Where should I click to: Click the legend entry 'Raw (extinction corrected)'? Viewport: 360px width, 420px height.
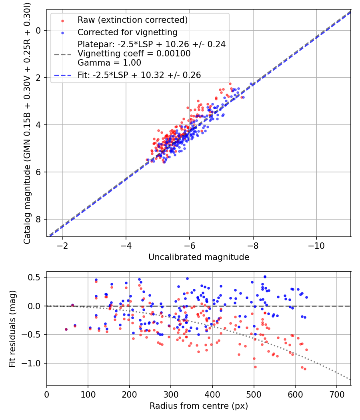coord(132,20)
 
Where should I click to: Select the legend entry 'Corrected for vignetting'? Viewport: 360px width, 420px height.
coord(128,32)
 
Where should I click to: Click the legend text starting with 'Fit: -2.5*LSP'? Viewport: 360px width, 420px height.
coord(139,75)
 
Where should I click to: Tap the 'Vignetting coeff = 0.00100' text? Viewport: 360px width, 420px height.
coord(134,53)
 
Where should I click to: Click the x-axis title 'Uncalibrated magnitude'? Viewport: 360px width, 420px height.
coord(199,257)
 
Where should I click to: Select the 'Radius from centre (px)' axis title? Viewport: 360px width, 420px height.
coord(199,406)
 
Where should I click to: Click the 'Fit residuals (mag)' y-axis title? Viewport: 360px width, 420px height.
coord(12,328)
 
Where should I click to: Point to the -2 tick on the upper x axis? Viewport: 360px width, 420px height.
coord(62,245)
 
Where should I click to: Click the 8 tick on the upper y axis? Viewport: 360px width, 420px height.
coord(39,219)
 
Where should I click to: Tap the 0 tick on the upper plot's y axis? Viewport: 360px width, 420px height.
coord(39,30)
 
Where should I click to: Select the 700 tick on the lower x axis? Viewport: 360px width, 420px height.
coord(336,394)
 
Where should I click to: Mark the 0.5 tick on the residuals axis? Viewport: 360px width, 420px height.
coord(35,277)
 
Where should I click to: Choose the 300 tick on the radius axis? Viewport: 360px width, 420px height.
coord(171,394)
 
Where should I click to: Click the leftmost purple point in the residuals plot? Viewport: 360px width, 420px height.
coord(66,329)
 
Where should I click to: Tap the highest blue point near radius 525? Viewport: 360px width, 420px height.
coord(264,276)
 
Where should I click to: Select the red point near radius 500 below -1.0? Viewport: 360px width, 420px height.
coord(255,367)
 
